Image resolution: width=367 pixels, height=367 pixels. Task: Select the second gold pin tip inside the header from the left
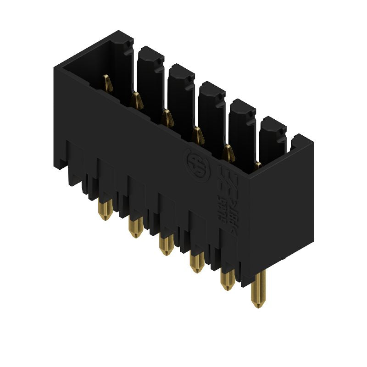136,100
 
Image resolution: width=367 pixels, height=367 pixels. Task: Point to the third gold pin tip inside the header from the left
167,117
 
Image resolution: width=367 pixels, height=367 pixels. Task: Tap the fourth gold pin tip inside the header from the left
198,134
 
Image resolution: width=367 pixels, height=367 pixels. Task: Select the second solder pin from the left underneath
135,228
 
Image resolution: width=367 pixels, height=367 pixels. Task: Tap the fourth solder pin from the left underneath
197,262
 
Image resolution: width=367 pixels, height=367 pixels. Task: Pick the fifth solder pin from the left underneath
227,280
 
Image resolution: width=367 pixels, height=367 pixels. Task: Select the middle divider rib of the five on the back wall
211,108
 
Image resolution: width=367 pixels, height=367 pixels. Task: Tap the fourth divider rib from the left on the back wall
242,126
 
